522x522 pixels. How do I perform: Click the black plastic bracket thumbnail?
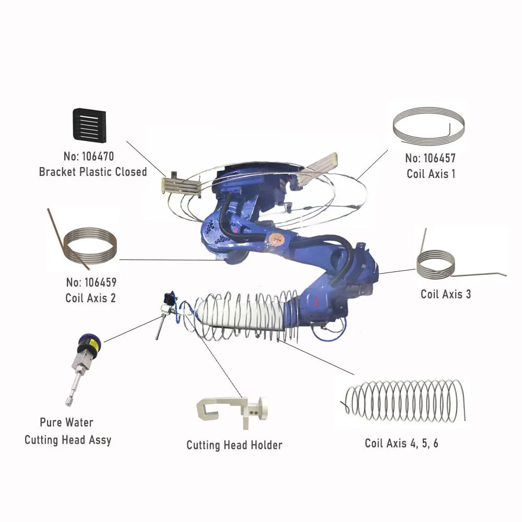(89, 125)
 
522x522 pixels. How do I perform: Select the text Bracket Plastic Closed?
(93, 172)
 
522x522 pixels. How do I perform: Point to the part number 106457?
(431, 158)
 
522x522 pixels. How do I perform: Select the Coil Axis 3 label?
(446, 294)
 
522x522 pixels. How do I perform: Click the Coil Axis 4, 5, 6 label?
(401, 444)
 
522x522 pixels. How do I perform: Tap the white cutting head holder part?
(232, 410)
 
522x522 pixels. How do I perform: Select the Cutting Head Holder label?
(234, 445)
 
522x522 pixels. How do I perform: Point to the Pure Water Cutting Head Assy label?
(68, 431)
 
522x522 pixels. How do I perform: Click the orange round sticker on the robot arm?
(276, 240)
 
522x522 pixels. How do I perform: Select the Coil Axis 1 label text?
(431, 174)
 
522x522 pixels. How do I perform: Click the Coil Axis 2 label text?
(91, 298)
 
